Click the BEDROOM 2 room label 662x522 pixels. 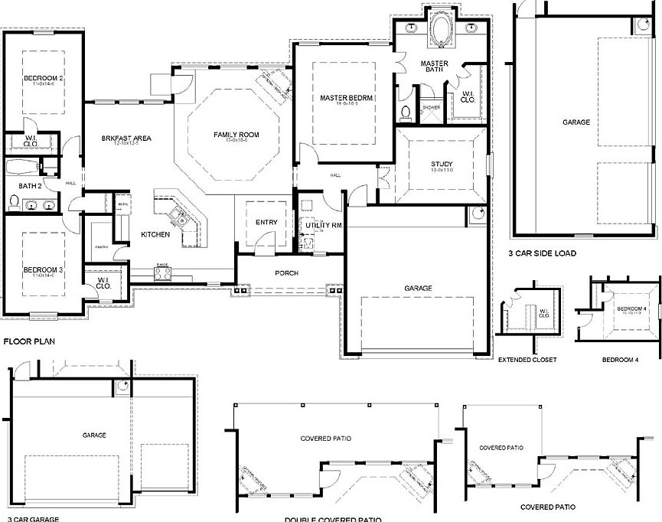[43, 78]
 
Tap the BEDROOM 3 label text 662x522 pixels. [43, 270]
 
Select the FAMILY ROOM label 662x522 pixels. [236, 135]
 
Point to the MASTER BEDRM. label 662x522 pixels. [346, 98]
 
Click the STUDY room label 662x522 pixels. [441, 164]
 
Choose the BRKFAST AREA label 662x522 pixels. [126, 138]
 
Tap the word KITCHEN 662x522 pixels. [155, 234]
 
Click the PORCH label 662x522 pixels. [286, 272]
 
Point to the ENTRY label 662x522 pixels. [266, 222]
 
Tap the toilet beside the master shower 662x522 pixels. [406, 113]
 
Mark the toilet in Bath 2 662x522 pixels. [13, 203]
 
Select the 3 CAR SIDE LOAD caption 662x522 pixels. [542, 253]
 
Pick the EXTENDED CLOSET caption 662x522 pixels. [527, 358]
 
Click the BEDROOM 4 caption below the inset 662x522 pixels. [620, 358]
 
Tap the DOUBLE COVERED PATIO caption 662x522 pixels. [332, 519]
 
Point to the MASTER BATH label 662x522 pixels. [435, 67]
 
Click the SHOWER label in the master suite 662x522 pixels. [431, 108]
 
